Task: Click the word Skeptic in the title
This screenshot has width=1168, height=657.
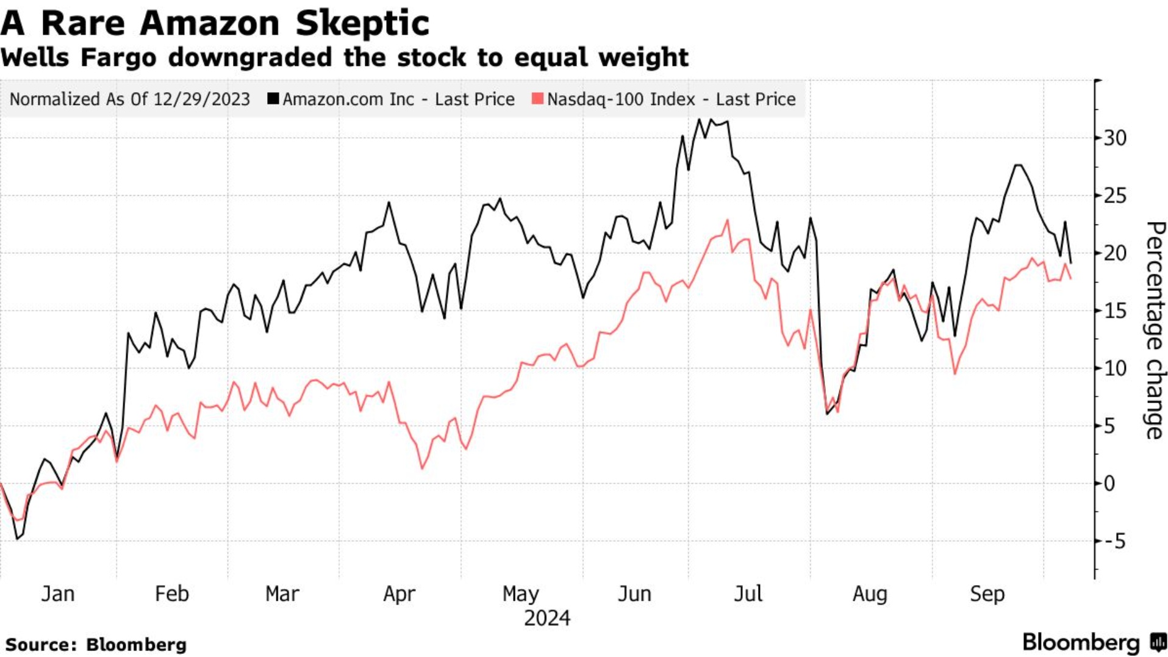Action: [362, 23]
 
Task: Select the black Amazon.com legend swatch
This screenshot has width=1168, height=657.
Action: [273, 98]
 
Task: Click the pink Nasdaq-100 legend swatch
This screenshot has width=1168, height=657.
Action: [537, 98]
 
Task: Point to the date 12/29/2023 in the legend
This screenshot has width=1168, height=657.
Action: [201, 99]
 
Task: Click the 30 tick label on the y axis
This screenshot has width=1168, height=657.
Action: [1114, 138]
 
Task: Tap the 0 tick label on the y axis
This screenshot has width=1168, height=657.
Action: [1109, 484]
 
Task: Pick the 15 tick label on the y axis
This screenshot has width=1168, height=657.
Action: [1114, 311]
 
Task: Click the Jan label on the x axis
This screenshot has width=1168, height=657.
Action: [58, 594]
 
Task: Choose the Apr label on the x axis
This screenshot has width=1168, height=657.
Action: [399, 594]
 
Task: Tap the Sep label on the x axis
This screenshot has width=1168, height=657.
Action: [987, 594]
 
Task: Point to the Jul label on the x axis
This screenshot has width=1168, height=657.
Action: [748, 594]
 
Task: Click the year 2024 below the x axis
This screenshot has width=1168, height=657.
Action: [547, 619]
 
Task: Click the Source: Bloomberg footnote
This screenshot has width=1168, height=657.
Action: [96, 645]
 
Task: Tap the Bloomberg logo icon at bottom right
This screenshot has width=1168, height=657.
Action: [1158, 642]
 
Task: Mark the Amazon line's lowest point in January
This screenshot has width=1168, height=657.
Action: [17, 539]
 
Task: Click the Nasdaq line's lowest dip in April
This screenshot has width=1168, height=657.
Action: [422, 468]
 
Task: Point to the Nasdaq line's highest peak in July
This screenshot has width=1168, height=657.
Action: [727, 221]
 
